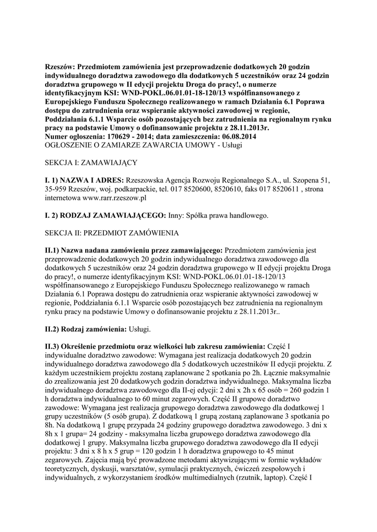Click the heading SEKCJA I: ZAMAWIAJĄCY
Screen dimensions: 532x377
tap(90, 162)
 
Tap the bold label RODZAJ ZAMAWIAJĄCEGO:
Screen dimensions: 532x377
tap(106, 215)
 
